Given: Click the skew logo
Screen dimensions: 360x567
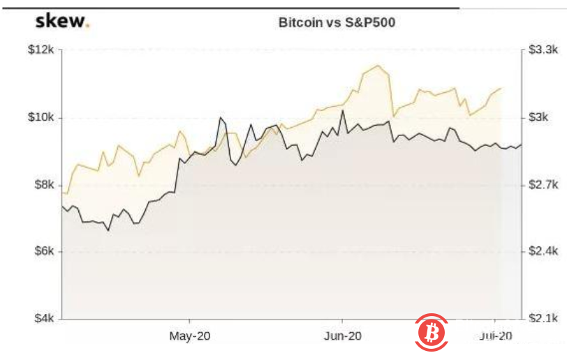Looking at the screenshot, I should [x=61, y=21].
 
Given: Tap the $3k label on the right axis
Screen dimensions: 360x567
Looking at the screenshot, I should [x=539, y=117].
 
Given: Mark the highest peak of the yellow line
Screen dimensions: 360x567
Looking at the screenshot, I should [x=378, y=66].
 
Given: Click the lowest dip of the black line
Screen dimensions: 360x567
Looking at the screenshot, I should [x=108, y=230].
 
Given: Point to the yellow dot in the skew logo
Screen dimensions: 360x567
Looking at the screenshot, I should [x=87, y=26].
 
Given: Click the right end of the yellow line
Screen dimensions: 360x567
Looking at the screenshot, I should [x=501, y=89].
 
